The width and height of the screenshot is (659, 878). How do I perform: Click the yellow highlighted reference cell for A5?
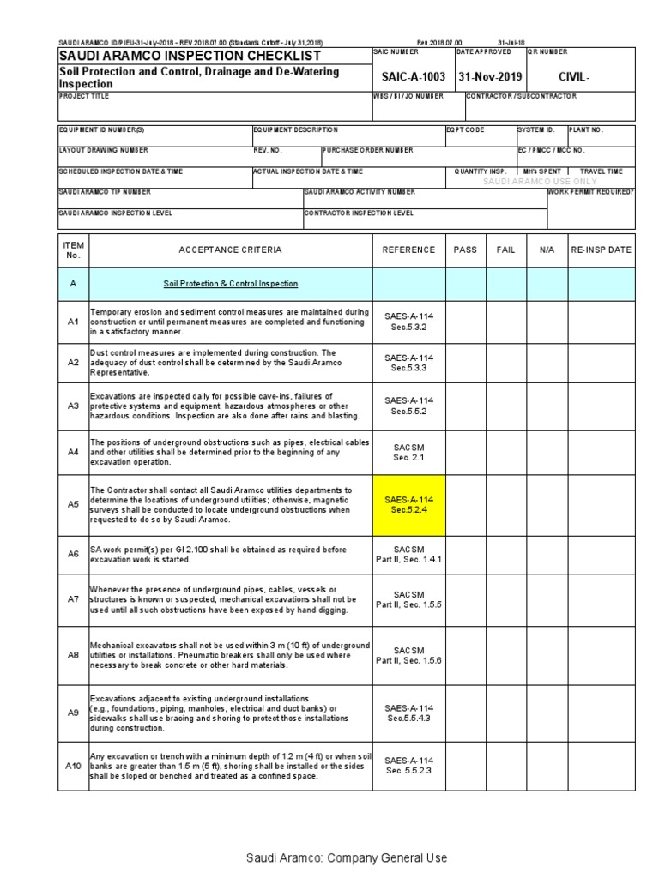click(409, 505)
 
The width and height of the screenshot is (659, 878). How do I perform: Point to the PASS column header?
click(465, 250)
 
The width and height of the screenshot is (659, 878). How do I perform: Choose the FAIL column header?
click(506, 250)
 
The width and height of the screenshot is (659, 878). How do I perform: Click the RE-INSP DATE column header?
click(602, 250)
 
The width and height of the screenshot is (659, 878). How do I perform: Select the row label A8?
click(73, 654)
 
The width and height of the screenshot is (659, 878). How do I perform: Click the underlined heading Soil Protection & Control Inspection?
click(231, 283)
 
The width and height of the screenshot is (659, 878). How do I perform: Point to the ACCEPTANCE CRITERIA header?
click(230, 250)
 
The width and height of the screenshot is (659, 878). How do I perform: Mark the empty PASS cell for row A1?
click(465, 322)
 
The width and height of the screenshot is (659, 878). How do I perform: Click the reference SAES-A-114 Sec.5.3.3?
click(409, 363)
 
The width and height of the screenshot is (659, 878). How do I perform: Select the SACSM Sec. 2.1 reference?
click(409, 452)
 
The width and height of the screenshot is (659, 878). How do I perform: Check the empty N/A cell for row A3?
click(547, 406)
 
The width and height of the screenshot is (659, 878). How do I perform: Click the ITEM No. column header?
click(73, 250)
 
